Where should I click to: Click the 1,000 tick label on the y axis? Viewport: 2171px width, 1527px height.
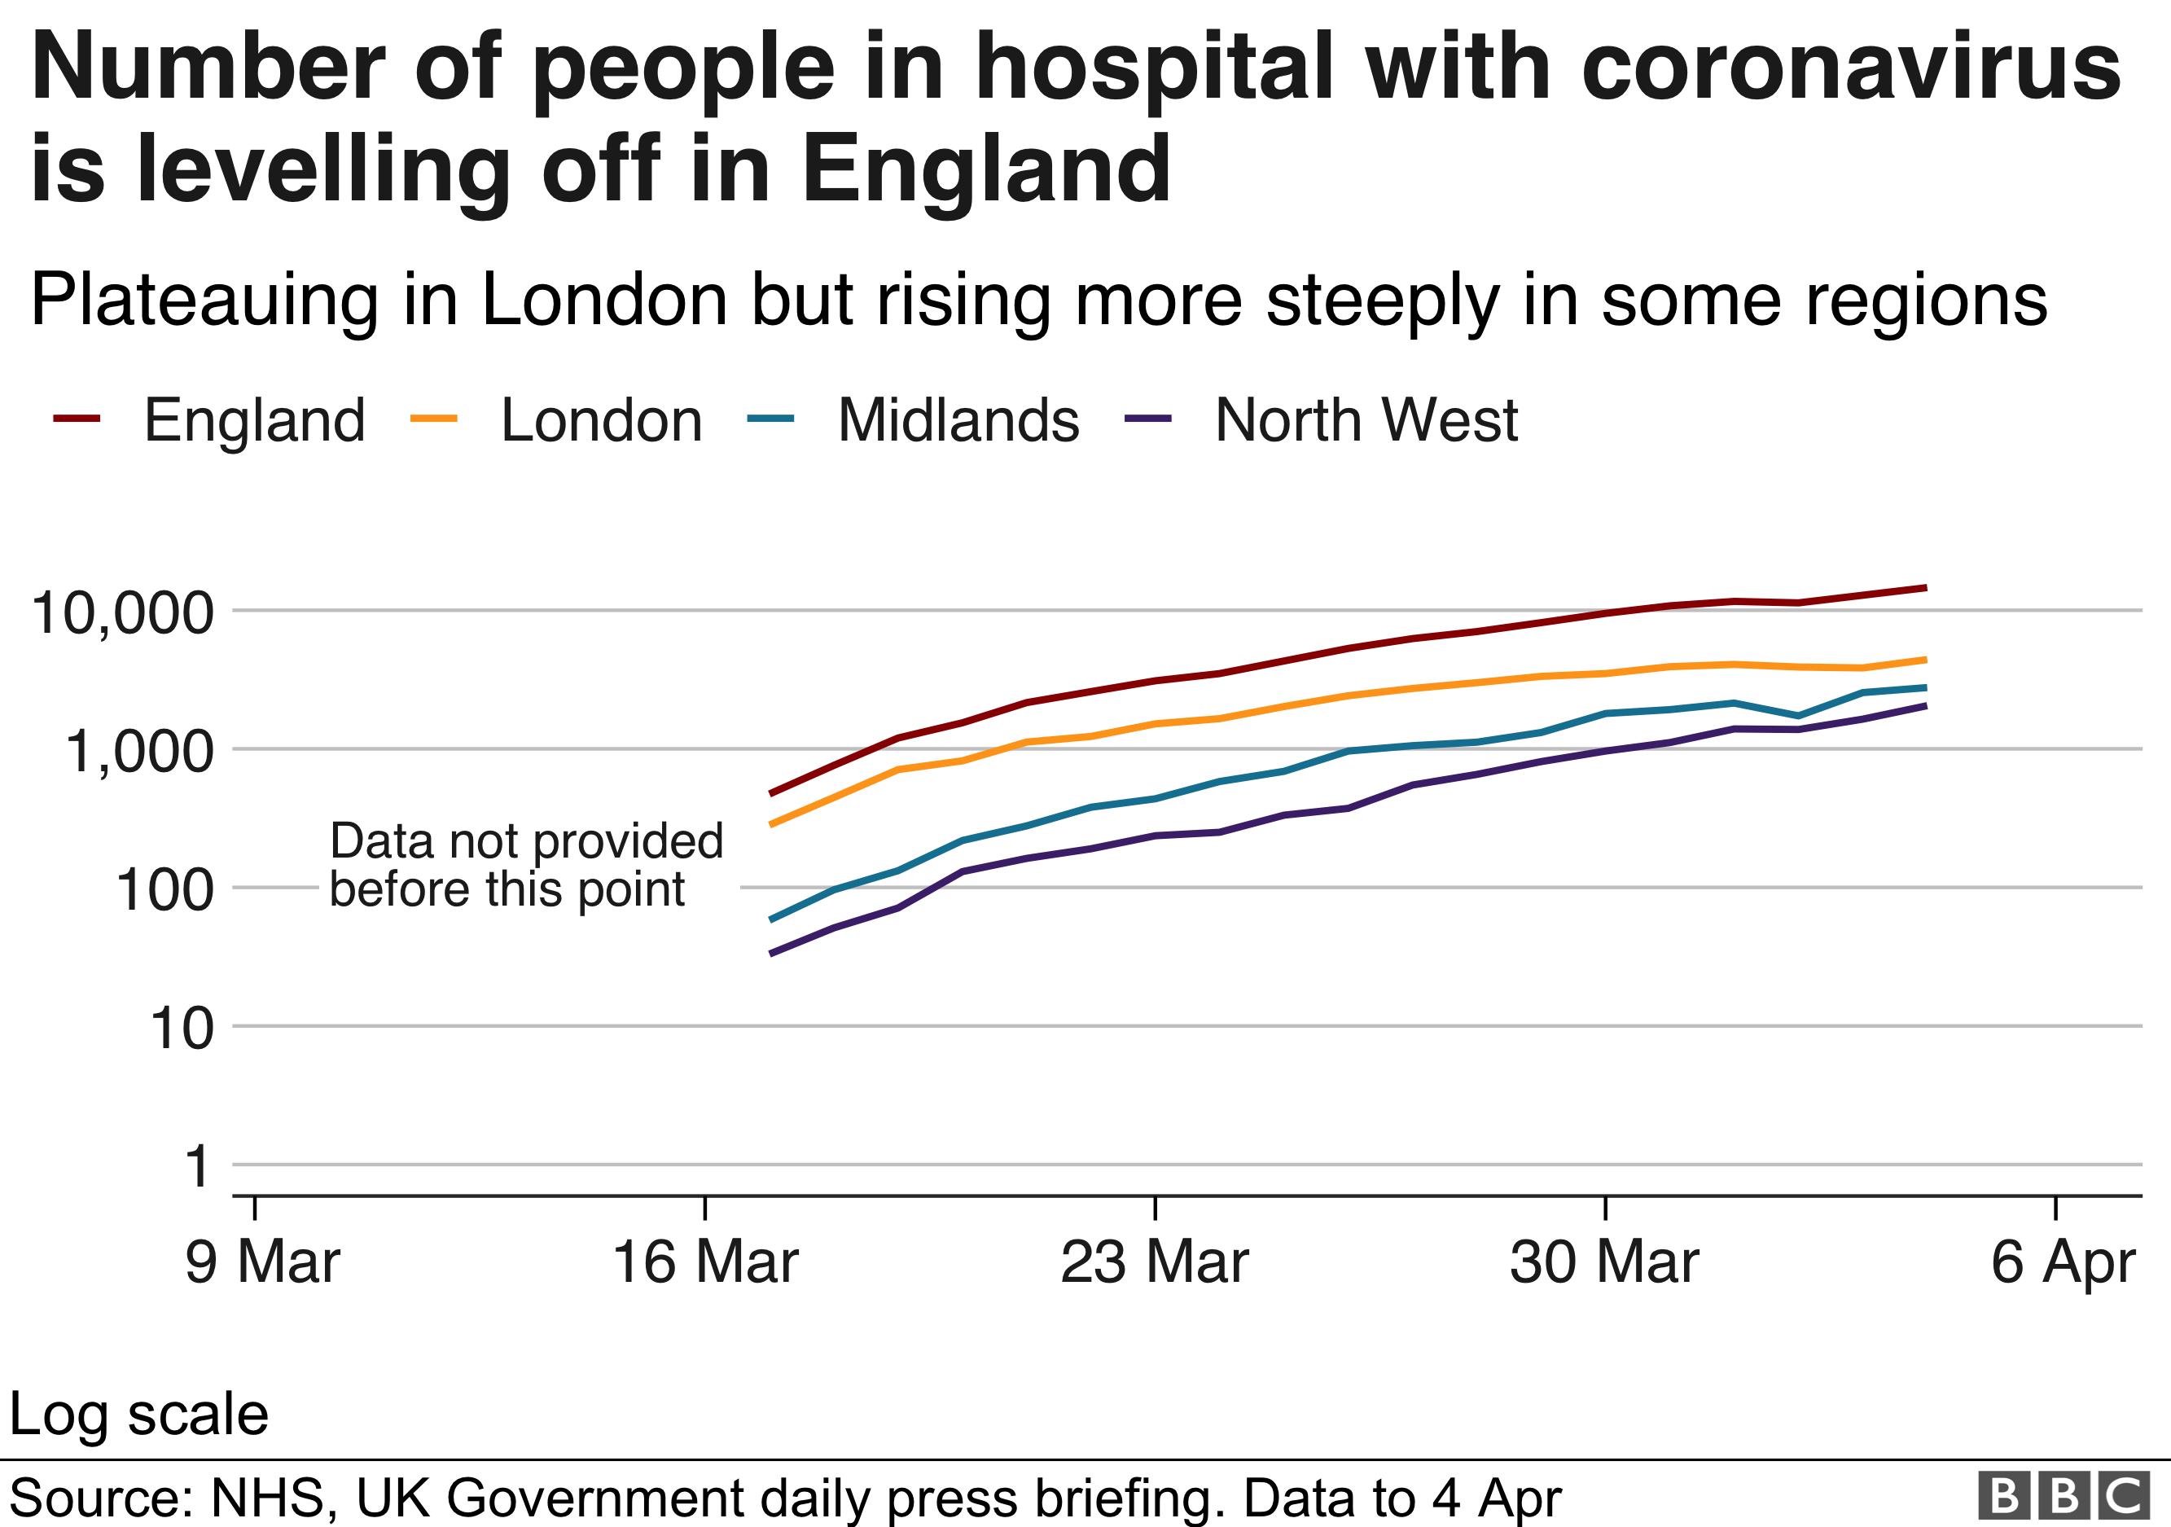(x=139, y=753)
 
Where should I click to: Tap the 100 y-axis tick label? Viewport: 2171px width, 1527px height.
(x=164, y=891)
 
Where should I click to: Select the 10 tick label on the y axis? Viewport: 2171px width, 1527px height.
(x=182, y=1029)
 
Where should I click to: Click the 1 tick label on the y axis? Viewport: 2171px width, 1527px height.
(x=197, y=1167)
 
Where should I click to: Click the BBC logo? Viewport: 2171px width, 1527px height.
(x=2062, y=1497)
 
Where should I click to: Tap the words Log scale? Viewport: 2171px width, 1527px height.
(x=139, y=1415)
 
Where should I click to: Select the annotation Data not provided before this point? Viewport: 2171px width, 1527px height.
(x=526, y=865)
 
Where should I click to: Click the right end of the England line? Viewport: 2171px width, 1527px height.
(x=1924, y=588)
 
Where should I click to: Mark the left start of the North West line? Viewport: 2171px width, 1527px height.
(x=771, y=954)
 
